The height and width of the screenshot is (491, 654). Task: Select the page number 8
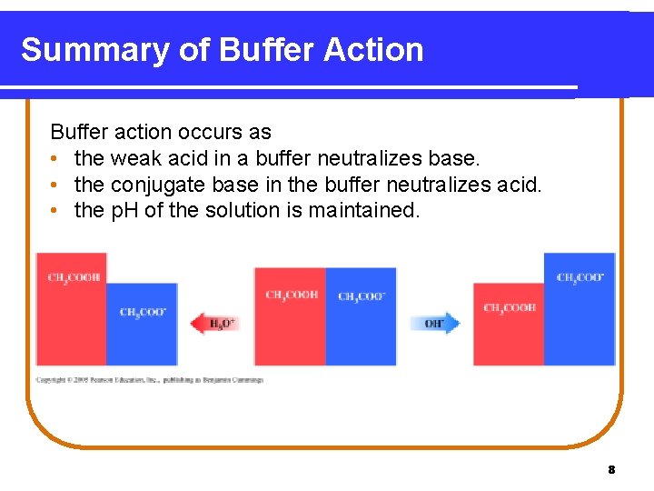pos(611,469)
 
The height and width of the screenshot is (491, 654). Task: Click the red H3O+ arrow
pos(214,323)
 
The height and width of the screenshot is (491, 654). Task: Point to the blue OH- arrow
pos(435,323)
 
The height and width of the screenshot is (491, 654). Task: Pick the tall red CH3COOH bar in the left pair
pos(71,309)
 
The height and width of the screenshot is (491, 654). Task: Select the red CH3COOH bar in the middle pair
pos(290,316)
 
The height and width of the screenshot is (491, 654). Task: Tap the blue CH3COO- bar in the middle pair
pos(361,316)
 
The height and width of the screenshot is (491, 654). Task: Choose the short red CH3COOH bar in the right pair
pos(508,325)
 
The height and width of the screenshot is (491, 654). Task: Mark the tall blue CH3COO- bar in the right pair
pos(580,309)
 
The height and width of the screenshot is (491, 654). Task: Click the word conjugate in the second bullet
pos(159,185)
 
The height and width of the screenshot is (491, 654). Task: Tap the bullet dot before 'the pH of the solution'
pos(56,211)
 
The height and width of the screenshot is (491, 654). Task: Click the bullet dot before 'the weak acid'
pos(56,159)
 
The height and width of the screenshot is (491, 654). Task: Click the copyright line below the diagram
pos(149,379)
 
